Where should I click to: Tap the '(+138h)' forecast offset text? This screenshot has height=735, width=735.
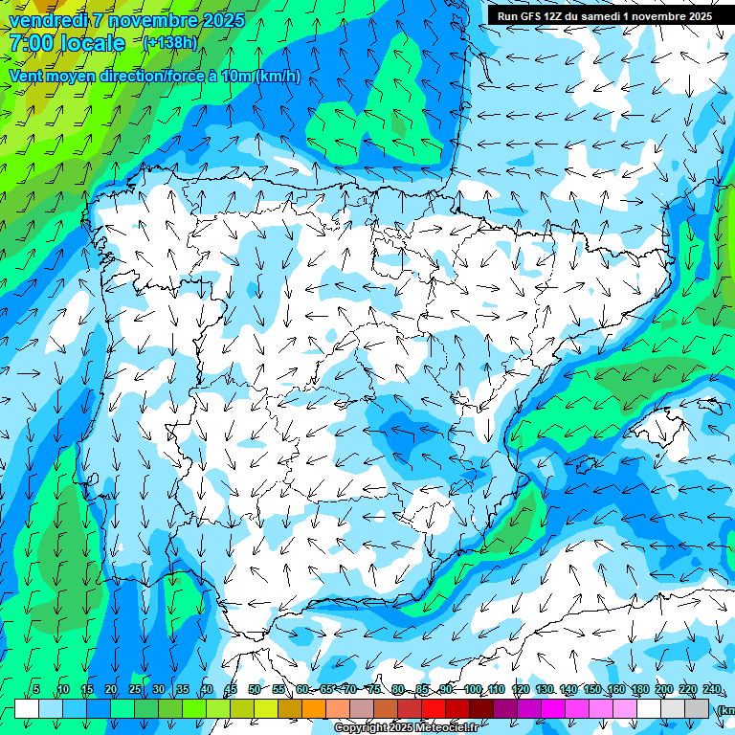point(171,43)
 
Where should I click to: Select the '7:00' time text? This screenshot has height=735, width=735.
point(31,43)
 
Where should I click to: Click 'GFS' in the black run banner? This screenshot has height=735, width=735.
point(533,16)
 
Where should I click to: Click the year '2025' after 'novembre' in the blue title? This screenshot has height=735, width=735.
point(219,19)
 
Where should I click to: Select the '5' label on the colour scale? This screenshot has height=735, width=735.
point(36,689)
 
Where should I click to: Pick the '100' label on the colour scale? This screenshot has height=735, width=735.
point(473,689)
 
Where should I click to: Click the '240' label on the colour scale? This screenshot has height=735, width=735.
point(711,689)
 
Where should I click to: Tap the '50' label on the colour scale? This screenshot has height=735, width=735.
point(255,689)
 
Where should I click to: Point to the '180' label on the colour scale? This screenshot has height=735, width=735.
point(639,689)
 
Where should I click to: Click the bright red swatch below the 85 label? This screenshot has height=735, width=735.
point(434,708)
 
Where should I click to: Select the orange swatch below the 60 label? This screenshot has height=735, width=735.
point(314,708)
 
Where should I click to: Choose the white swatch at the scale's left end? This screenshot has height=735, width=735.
point(26,708)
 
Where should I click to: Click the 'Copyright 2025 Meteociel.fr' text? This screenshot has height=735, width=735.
point(406,728)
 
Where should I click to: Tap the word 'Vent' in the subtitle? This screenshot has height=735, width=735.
point(27,76)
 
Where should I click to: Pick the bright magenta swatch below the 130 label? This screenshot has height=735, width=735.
point(553,708)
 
